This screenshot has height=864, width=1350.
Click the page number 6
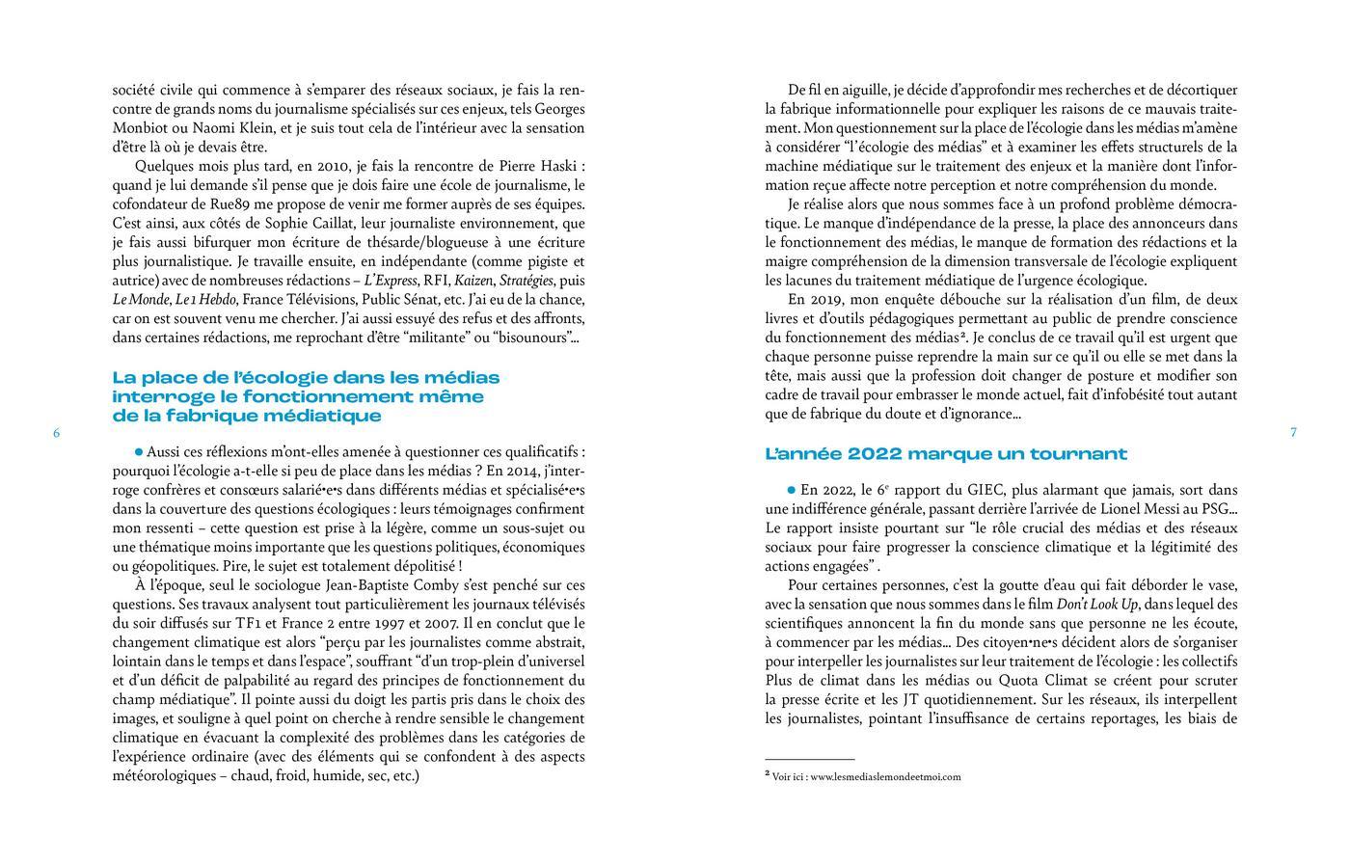pos(57,433)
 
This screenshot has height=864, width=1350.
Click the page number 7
pos(1293,433)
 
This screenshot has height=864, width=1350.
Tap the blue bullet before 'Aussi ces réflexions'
pos(139,451)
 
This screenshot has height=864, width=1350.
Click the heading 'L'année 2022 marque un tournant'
pos(945,454)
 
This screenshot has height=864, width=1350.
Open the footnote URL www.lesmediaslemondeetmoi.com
pos(885,776)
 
